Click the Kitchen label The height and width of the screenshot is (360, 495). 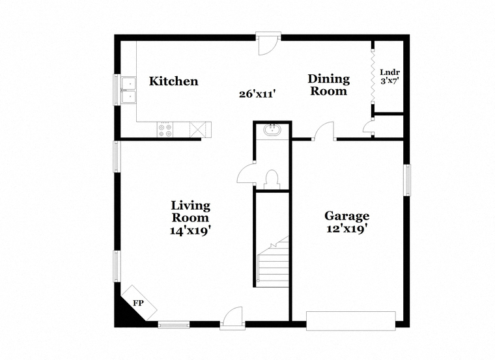(174, 81)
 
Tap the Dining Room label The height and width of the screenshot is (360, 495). (329, 85)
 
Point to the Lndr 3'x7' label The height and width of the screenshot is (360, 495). (390, 76)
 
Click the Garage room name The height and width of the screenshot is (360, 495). (347, 216)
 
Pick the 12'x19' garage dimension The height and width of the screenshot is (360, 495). (347, 228)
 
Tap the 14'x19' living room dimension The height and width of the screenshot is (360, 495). (190, 230)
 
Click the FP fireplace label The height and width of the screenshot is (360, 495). (138, 303)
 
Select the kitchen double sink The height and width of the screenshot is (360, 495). (128, 90)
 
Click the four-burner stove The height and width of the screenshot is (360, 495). (165, 130)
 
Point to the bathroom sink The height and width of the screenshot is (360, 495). (272, 130)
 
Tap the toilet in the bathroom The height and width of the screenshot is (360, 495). (272, 179)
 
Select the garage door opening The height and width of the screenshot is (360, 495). (350, 321)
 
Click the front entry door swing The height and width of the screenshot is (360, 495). (233, 317)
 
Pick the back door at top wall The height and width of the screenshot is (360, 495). (268, 43)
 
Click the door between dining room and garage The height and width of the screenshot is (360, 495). (324, 130)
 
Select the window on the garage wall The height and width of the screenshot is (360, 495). (408, 180)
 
